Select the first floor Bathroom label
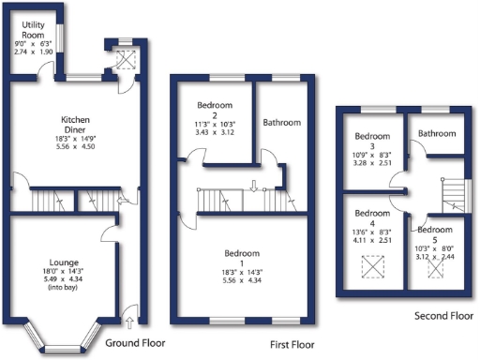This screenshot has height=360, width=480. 282,123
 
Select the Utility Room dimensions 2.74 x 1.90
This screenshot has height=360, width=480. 33,51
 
